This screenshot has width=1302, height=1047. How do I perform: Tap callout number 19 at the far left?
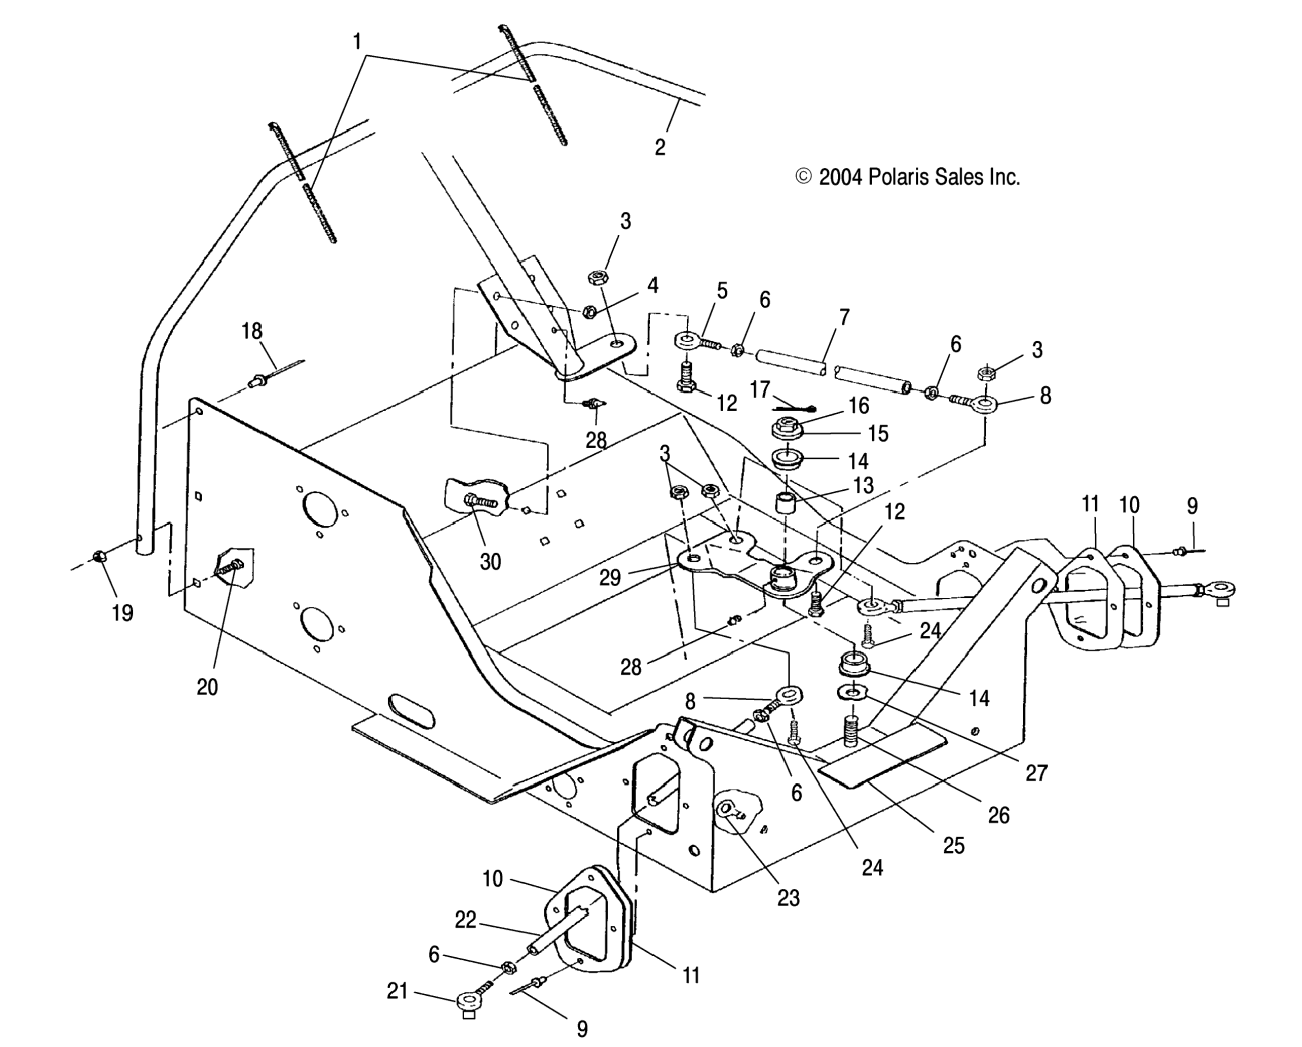coord(123,612)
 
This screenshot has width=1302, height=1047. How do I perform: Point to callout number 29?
coord(609,577)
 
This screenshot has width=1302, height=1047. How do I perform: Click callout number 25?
coord(953,845)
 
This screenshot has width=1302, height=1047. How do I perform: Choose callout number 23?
coord(788,898)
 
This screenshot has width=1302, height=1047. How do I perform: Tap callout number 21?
coord(397,991)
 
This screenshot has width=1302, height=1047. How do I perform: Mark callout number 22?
coord(465,920)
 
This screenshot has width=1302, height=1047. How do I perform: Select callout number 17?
coord(760,390)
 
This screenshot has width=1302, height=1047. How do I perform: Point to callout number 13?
coord(863,485)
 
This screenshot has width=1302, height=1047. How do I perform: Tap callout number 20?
coord(207,687)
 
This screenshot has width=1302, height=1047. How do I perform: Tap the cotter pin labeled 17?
coord(794,409)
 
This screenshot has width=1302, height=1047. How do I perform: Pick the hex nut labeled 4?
coord(589,312)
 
